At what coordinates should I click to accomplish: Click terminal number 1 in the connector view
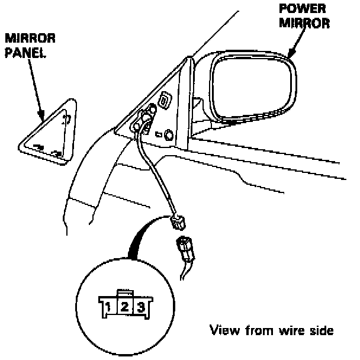pyautogui.click(x=110, y=307)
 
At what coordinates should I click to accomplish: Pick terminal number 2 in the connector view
pyautogui.click(x=125, y=307)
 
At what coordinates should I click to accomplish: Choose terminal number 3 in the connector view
pyautogui.click(x=140, y=307)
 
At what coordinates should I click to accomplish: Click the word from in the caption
pyautogui.click(x=256, y=330)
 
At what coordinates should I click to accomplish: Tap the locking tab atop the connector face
pyautogui.click(x=124, y=292)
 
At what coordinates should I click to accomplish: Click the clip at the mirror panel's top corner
pyautogui.click(x=67, y=118)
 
